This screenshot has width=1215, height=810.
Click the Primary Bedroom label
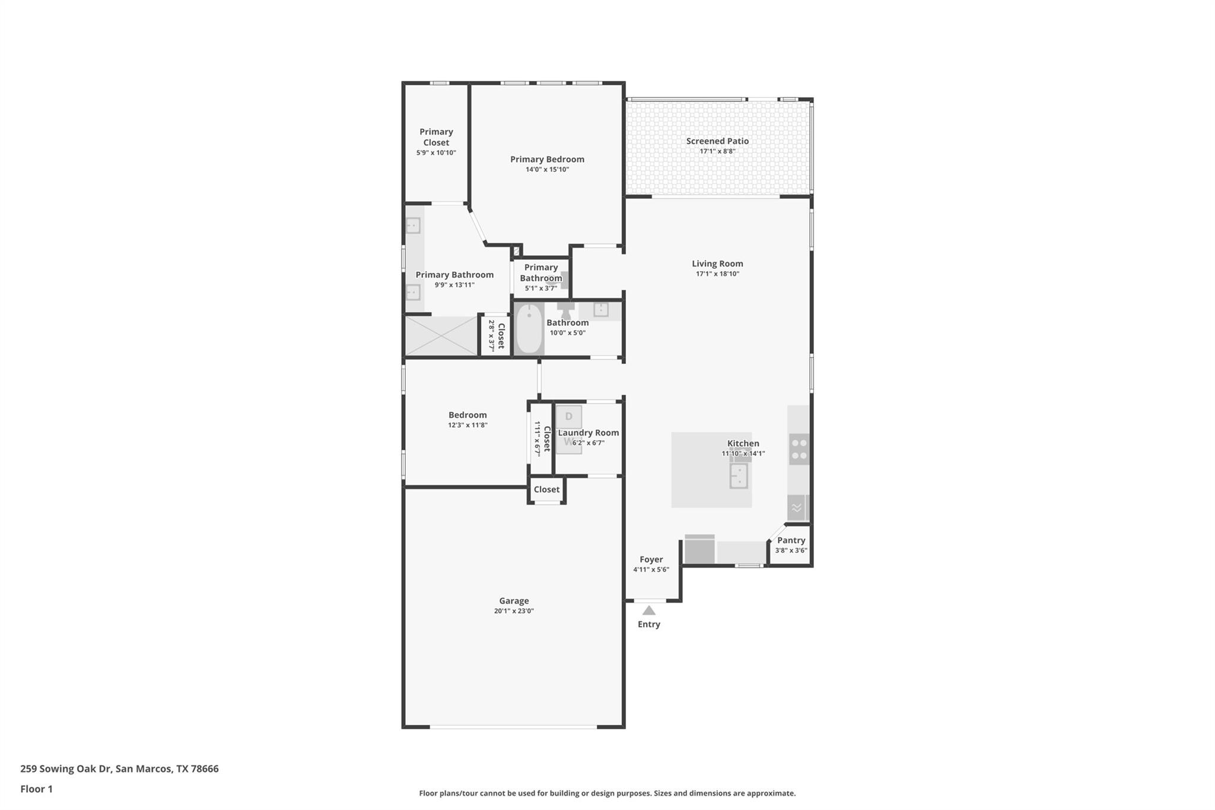[x=547, y=159]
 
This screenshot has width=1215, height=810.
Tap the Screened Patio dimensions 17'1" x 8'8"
[x=717, y=151]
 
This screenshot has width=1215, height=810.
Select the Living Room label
[x=717, y=263]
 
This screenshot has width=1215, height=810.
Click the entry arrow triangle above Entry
[x=649, y=611]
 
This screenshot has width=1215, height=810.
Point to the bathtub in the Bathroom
[x=529, y=329]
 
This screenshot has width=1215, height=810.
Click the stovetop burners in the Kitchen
[x=799, y=449]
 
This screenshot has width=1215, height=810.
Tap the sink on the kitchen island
[x=739, y=475]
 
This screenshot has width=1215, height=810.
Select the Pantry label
[x=791, y=540]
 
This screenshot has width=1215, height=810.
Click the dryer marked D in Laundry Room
[x=568, y=417]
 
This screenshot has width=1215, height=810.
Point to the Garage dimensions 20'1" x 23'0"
[x=514, y=611]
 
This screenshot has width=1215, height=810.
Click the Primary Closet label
[x=436, y=137]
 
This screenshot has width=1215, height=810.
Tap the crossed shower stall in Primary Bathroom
[x=441, y=336]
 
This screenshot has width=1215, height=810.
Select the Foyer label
[x=651, y=559]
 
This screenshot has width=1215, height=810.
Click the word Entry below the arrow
[x=649, y=624]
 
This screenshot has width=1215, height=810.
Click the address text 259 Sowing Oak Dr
[x=66, y=768]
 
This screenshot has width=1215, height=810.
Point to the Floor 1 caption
[x=37, y=789]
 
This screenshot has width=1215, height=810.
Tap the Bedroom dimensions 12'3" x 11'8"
[x=467, y=425]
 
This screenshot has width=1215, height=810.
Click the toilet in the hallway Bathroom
[x=565, y=310]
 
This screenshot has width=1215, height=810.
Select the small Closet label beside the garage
[x=546, y=490]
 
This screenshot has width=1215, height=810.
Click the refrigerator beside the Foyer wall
[x=699, y=550]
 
